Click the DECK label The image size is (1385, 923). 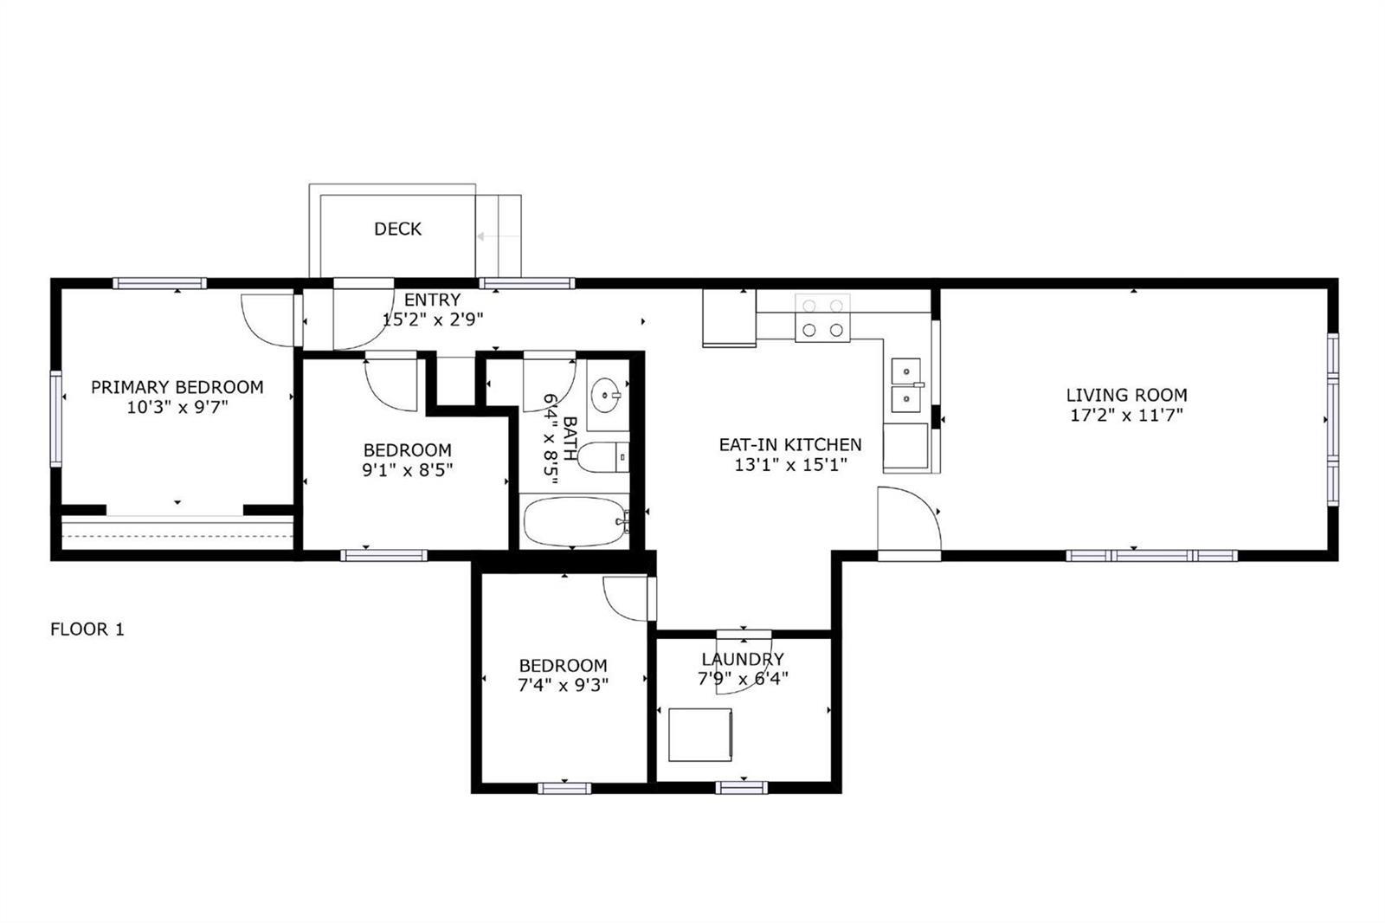tap(397, 229)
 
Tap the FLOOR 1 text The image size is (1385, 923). tap(87, 629)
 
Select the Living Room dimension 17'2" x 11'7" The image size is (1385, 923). tap(1126, 415)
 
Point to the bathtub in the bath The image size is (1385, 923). tap(575, 521)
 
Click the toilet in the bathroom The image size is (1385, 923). tap(602, 457)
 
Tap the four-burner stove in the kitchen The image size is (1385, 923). tap(822, 318)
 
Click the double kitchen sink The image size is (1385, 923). tap(906, 384)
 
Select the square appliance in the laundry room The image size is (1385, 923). tap(700, 735)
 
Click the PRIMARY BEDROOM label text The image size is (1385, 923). tap(177, 387)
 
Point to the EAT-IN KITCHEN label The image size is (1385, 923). tap(790, 444)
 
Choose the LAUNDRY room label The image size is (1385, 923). tap(743, 659)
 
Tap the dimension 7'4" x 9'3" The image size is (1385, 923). tap(564, 685)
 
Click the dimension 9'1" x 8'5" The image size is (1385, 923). tap(408, 470)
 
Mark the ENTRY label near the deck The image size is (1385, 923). tap(432, 300)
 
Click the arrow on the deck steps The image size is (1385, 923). tap(499, 236)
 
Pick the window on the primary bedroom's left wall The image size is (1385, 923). tap(55, 419)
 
